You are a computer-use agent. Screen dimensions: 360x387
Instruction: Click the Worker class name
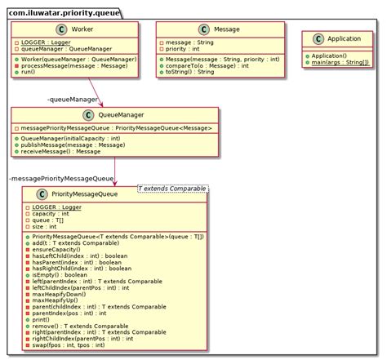click(x=82, y=29)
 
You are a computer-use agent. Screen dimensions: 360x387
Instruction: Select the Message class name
click(x=225, y=29)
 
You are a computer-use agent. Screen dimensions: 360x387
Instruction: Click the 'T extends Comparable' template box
click(x=174, y=190)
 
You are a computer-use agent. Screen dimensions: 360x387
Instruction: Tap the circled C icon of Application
click(x=312, y=38)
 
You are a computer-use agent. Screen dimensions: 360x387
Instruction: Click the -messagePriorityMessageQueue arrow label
click(x=61, y=177)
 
